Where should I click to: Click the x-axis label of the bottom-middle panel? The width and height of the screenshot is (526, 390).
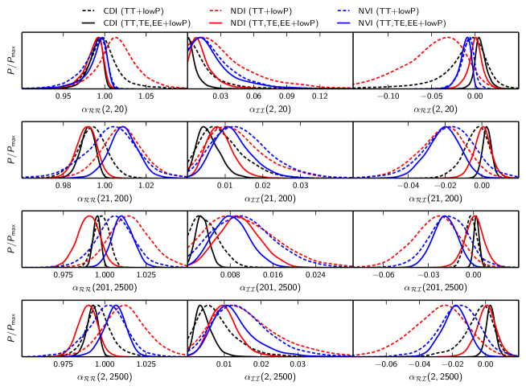pos(270,376)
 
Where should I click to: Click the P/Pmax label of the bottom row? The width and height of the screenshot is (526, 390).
pos(9,329)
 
